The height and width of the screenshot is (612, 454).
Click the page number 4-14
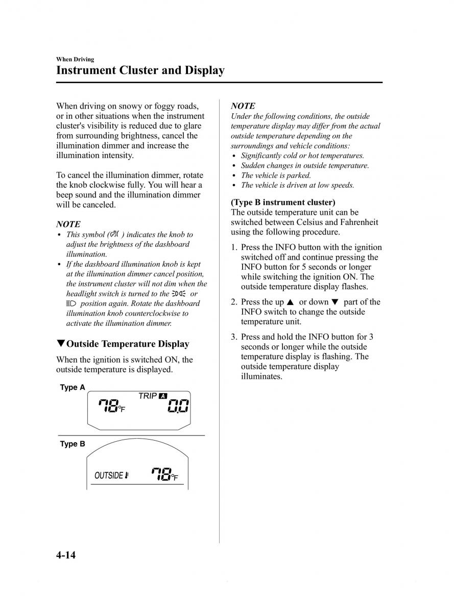pyautogui.click(x=66, y=554)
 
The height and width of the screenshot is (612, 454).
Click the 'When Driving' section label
pyautogui.click(x=75, y=59)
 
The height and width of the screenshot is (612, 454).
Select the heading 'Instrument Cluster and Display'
pyautogui.click(x=140, y=70)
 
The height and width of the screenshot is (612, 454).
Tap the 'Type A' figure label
pyautogui.click(x=73, y=388)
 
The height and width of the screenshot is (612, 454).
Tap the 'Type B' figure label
pyautogui.click(x=73, y=444)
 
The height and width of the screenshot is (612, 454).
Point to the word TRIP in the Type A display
pyautogui.click(x=148, y=396)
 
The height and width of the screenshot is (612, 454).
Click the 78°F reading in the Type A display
pyautogui.click(x=111, y=406)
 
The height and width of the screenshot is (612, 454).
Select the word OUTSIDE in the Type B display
pyautogui.click(x=109, y=476)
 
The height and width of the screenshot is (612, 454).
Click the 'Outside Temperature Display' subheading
pyautogui.click(x=128, y=344)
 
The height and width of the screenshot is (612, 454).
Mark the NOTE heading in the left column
pyautogui.click(x=68, y=224)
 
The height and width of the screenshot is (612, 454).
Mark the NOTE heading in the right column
pyautogui.click(x=243, y=106)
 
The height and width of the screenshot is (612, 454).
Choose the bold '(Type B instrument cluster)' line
pyautogui.click(x=283, y=202)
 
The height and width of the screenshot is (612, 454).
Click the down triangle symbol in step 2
pyautogui.click(x=335, y=302)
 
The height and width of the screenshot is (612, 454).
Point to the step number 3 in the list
pyautogui.click(x=233, y=337)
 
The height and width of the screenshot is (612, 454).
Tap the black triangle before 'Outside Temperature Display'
pyautogui.click(x=60, y=344)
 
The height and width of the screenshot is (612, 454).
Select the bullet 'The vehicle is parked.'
pyautogui.click(x=276, y=175)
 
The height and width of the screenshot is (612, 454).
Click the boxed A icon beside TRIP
pyautogui.click(x=163, y=396)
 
